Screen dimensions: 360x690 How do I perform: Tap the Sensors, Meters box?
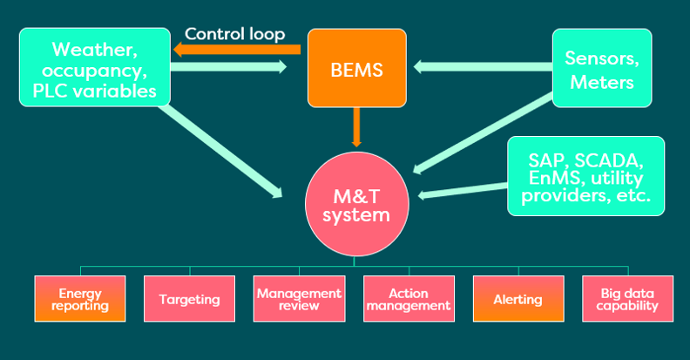601,68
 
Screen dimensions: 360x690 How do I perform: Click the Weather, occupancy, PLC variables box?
95,68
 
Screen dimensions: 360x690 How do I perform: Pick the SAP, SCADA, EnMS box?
585,175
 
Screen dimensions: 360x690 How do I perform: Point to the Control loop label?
234,35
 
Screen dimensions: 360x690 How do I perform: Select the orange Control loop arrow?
235,51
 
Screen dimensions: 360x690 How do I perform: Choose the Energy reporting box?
79,299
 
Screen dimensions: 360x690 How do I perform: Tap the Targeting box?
189,299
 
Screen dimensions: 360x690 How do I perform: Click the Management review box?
299,299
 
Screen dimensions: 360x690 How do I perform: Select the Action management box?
408,299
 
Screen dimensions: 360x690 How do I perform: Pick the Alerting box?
517,299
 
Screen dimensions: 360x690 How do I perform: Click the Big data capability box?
627,299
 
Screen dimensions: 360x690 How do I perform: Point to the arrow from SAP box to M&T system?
463,189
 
